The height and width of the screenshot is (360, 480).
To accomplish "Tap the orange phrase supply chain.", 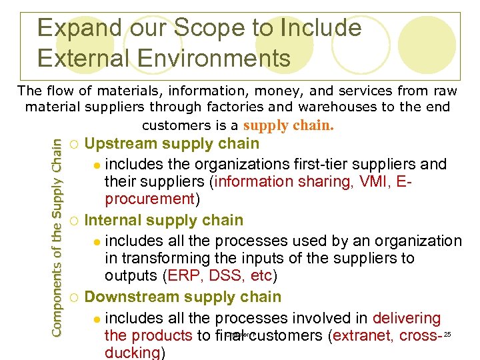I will pos(289,125).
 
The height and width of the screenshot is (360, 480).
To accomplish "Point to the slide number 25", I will pos(447,333).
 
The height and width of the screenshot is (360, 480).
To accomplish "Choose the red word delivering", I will pos(407,319).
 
